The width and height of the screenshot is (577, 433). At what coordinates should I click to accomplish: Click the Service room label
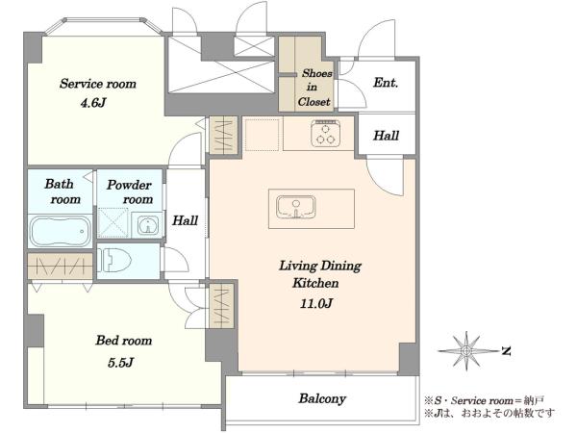click(x=98, y=84)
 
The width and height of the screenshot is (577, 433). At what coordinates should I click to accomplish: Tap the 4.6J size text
click(x=93, y=103)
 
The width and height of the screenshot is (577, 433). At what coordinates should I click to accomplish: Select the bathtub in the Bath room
click(x=60, y=232)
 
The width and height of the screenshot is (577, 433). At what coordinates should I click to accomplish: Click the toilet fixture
click(x=114, y=260)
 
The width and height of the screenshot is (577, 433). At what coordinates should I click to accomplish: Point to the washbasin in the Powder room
click(x=148, y=225)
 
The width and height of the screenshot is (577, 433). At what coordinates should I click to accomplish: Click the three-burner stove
click(x=325, y=134)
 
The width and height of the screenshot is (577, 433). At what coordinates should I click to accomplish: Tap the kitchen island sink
click(x=296, y=207)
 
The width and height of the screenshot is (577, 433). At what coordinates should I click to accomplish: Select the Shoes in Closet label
click(x=314, y=88)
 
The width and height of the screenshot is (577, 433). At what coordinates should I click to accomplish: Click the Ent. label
click(x=386, y=83)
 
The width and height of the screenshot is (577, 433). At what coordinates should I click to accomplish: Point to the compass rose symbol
click(x=466, y=351)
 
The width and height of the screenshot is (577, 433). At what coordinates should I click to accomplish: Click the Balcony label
click(x=322, y=398)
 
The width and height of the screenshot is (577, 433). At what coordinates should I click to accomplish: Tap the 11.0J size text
click(x=316, y=303)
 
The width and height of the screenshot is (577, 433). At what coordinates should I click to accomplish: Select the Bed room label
click(x=124, y=341)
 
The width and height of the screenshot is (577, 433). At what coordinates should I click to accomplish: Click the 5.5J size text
click(x=120, y=363)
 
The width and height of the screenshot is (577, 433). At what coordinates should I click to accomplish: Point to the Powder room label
click(x=130, y=191)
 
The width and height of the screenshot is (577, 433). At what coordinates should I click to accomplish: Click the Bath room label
click(x=63, y=191)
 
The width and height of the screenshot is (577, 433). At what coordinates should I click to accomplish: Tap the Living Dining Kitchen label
click(x=320, y=274)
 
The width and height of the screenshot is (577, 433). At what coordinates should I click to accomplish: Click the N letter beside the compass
click(x=507, y=351)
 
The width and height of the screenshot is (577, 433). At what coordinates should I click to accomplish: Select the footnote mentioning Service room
click(x=485, y=400)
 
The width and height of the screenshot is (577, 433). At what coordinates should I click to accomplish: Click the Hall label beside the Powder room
click(x=185, y=220)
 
